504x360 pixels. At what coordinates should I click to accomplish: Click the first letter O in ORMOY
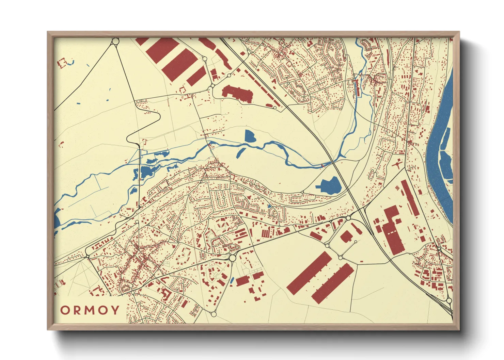(65, 310)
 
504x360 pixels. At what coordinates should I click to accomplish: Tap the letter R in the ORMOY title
(78, 310)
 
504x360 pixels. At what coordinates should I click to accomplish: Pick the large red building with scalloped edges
(238, 93)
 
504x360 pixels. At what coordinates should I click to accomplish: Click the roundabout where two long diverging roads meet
(115, 41)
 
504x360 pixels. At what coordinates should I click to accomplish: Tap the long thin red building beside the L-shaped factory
(410, 197)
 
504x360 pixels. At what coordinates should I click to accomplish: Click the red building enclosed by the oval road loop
(346, 236)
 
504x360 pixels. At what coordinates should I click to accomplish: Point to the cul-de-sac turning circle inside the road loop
(356, 242)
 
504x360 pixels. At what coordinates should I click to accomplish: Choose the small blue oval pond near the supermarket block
(232, 280)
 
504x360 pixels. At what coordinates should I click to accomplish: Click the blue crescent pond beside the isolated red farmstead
(72, 62)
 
